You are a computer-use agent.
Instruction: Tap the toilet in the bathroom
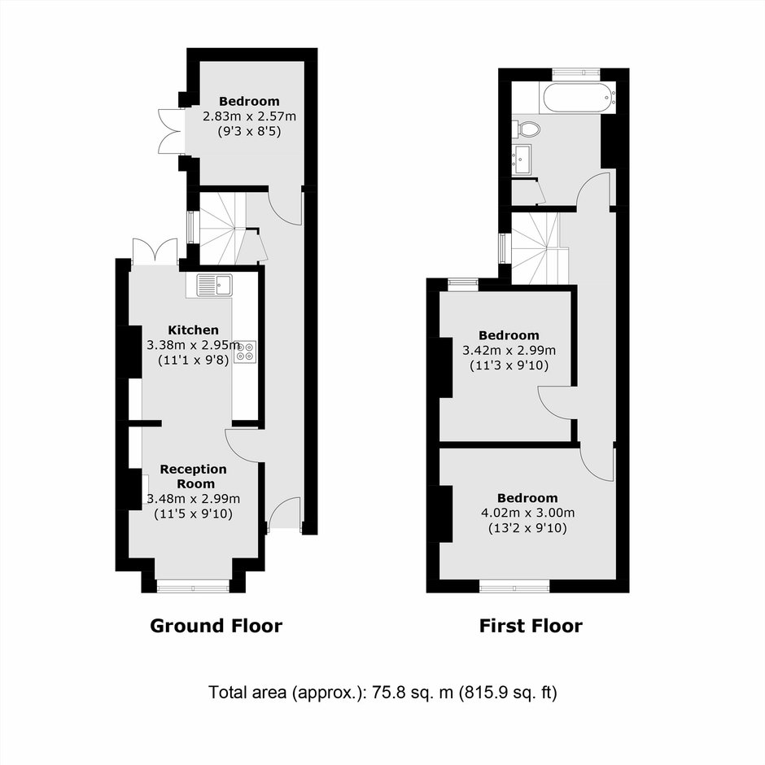pos(527,129)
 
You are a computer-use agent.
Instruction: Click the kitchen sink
pos(215,285)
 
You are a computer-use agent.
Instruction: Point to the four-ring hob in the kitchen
pos(245,352)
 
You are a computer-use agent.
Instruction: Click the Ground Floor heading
pos(216,626)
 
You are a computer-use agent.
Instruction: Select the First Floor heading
pos(531,626)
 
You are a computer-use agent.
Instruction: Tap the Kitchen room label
pos(193,330)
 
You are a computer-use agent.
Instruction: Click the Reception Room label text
pos(194,476)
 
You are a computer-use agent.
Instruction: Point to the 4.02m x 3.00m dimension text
pos(528,513)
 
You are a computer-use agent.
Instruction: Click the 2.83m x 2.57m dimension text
pos(249,116)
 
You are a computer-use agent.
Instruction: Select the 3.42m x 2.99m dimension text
pos(509,350)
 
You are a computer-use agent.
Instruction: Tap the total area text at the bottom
pos(382,693)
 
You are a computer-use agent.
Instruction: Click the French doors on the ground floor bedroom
pos(170,131)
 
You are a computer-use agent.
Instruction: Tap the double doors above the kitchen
pos(155,251)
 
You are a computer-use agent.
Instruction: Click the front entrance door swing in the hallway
pos(285,512)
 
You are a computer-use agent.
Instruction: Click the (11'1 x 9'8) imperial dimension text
pos(194,361)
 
